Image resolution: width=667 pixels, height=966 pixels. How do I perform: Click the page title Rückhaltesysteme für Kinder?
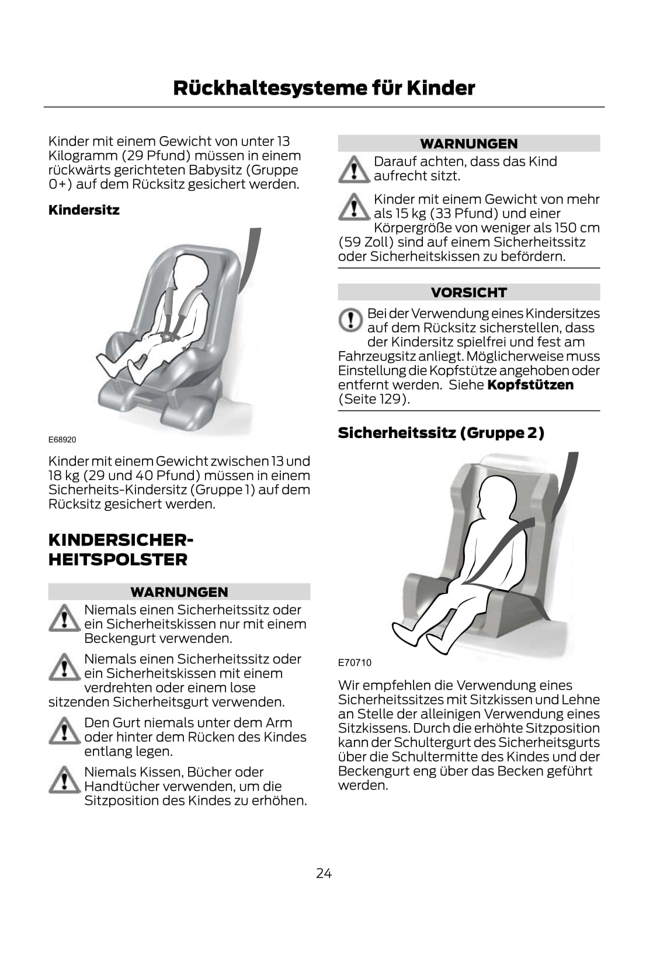[x=324, y=88]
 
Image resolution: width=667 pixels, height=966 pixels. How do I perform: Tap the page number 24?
[x=324, y=873]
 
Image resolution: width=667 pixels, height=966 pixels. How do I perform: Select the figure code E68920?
[x=62, y=439]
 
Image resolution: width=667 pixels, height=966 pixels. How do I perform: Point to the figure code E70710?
[x=355, y=662]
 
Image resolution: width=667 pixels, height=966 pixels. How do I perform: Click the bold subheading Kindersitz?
[x=84, y=210]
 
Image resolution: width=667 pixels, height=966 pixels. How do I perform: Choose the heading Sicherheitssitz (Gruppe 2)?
[x=440, y=433]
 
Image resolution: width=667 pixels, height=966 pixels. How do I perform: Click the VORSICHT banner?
[x=468, y=292]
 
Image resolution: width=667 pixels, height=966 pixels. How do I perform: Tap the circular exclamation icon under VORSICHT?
[x=350, y=320]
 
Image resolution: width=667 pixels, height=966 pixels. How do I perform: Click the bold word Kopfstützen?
[x=530, y=385]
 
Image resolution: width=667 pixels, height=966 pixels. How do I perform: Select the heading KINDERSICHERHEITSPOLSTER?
[x=121, y=550]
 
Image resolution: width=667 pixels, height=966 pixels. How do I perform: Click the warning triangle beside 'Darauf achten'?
[x=354, y=169]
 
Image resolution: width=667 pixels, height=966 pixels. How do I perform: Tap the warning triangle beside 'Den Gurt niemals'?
[x=64, y=731]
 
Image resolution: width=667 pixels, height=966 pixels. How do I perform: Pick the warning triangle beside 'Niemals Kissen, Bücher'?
[x=64, y=780]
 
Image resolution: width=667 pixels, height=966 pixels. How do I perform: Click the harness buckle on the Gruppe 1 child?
[x=165, y=335]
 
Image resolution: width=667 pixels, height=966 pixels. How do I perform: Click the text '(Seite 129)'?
[x=374, y=399]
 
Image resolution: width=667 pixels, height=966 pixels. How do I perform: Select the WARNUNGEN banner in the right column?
[x=468, y=143]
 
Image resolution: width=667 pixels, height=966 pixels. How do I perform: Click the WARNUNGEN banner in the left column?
[x=179, y=592]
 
